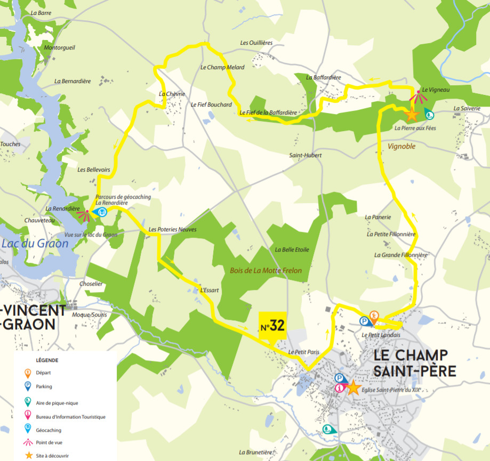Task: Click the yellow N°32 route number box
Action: (x=272, y=326)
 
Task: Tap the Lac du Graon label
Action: (x=35, y=244)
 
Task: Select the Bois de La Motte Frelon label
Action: (x=266, y=271)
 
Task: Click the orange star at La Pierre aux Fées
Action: (x=411, y=114)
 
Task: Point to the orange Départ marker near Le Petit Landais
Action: (x=374, y=317)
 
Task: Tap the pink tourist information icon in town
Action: (x=339, y=388)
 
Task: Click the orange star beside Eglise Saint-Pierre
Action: (x=354, y=387)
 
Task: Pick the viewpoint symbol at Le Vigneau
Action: (x=418, y=96)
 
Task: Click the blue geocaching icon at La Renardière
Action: (x=101, y=213)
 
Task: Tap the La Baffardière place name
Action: (x=323, y=77)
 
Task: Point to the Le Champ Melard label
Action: (x=222, y=68)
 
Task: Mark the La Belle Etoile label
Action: (x=292, y=249)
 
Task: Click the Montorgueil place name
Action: (x=60, y=47)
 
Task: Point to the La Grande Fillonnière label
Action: (x=401, y=255)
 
